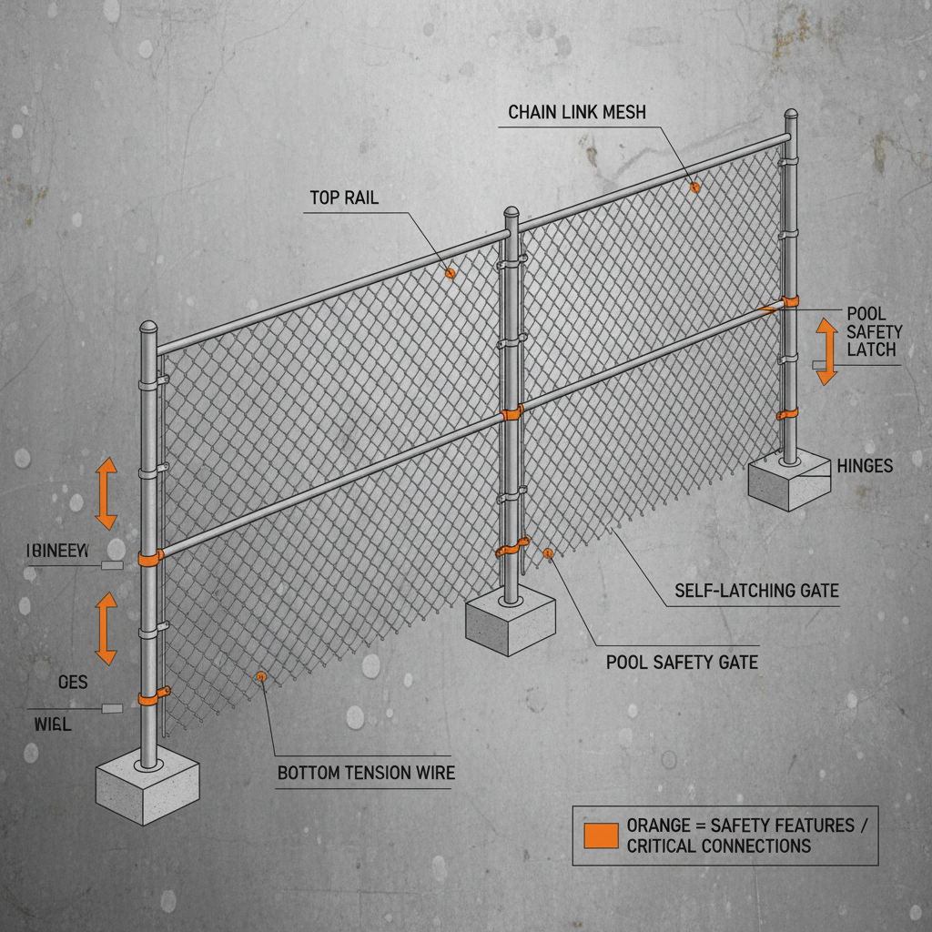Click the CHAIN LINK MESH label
576,112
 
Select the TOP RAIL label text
344,198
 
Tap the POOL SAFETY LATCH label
872,332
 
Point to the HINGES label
863,466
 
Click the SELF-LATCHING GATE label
756,592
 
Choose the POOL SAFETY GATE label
682,662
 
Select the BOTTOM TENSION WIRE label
365,774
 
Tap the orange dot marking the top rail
449,272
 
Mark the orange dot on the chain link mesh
695,187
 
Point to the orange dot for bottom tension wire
261,676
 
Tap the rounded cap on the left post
147,329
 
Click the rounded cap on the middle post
512,215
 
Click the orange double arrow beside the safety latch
826,350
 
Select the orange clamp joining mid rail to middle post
512,413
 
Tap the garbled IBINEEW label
57,550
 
